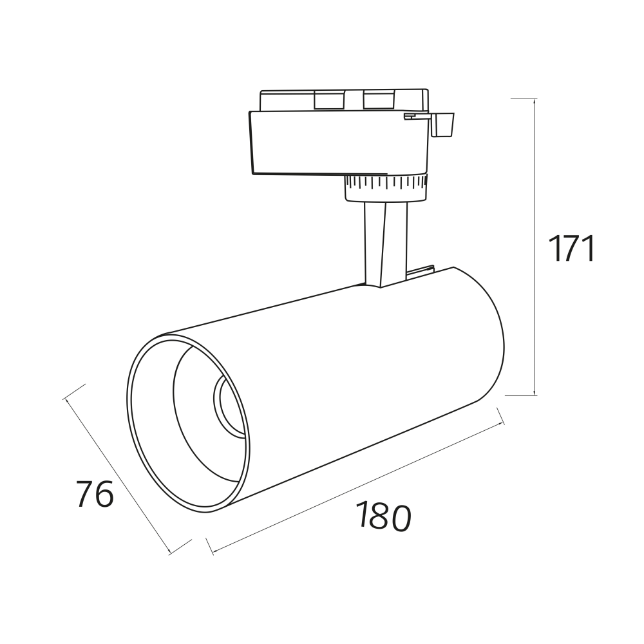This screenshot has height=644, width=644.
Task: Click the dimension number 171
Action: click(x=572, y=249)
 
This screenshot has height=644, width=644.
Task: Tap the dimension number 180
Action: click(x=383, y=516)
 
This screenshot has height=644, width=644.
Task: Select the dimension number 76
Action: click(x=95, y=494)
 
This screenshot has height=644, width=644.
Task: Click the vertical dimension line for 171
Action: click(x=535, y=247)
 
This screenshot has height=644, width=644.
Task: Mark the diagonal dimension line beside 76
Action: click(x=118, y=477)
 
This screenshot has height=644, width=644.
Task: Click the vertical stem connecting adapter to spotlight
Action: click(x=385, y=244)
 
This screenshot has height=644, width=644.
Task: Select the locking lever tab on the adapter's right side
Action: click(x=444, y=124)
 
